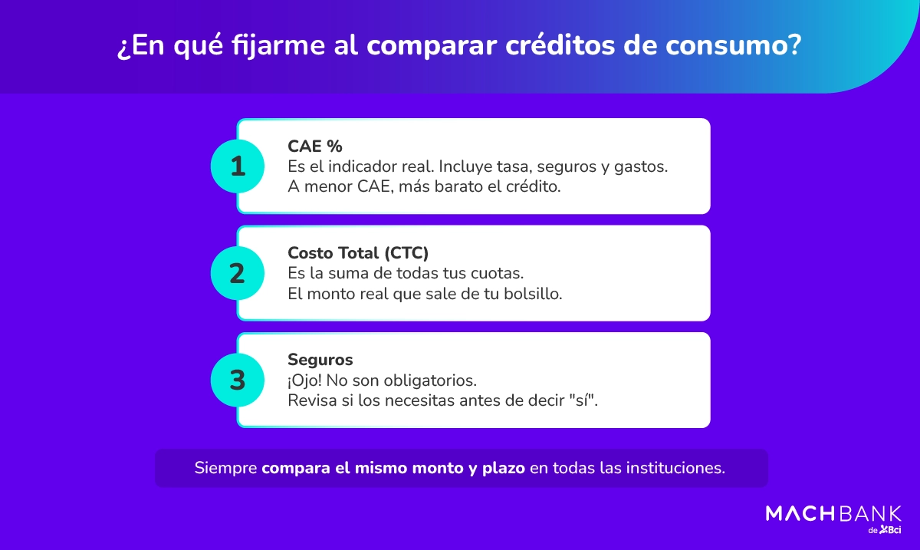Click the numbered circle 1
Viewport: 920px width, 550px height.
(238, 166)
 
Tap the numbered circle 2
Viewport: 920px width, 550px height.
(238, 273)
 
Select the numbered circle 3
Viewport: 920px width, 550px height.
(238, 380)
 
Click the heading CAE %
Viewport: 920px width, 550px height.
(315, 146)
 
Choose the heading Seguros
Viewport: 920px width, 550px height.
(320, 360)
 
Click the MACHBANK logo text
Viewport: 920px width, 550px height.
(833, 513)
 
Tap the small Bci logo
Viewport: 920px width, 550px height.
(890, 530)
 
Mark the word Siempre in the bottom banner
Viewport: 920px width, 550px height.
(226, 468)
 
